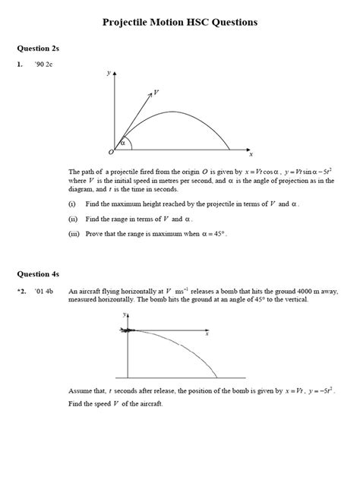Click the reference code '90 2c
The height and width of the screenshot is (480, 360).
click(x=42, y=65)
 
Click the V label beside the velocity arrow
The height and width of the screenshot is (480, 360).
click(x=156, y=93)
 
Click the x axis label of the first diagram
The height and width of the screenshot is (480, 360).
click(x=251, y=153)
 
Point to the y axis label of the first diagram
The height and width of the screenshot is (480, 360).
click(x=109, y=73)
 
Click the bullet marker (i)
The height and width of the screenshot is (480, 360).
click(x=72, y=204)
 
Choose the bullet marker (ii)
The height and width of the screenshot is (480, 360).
click(x=73, y=219)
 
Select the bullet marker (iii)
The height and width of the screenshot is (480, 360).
click(x=74, y=234)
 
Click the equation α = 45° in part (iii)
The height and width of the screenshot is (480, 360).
click(x=212, y=234)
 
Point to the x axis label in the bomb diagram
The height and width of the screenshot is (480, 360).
click(x=207, y=334)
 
